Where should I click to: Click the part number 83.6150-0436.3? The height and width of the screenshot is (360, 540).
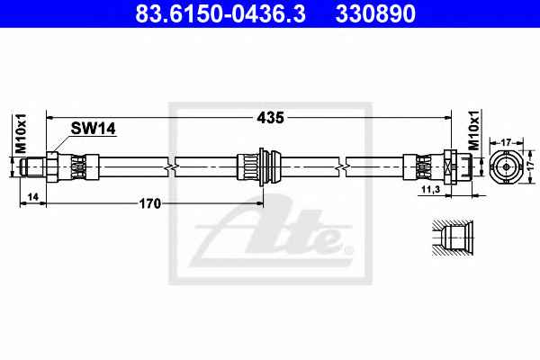220,13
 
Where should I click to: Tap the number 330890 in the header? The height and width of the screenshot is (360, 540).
375,13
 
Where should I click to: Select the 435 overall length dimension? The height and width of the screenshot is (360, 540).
270,118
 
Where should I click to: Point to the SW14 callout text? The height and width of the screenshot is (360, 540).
93,129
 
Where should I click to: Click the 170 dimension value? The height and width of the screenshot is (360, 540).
149,203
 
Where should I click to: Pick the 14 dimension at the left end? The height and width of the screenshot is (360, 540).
33,197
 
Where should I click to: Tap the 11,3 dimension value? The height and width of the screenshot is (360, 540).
431,189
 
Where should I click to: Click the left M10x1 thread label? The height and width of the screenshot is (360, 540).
21,133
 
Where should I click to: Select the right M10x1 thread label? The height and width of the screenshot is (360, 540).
474,130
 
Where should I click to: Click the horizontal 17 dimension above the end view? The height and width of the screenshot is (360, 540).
506,142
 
